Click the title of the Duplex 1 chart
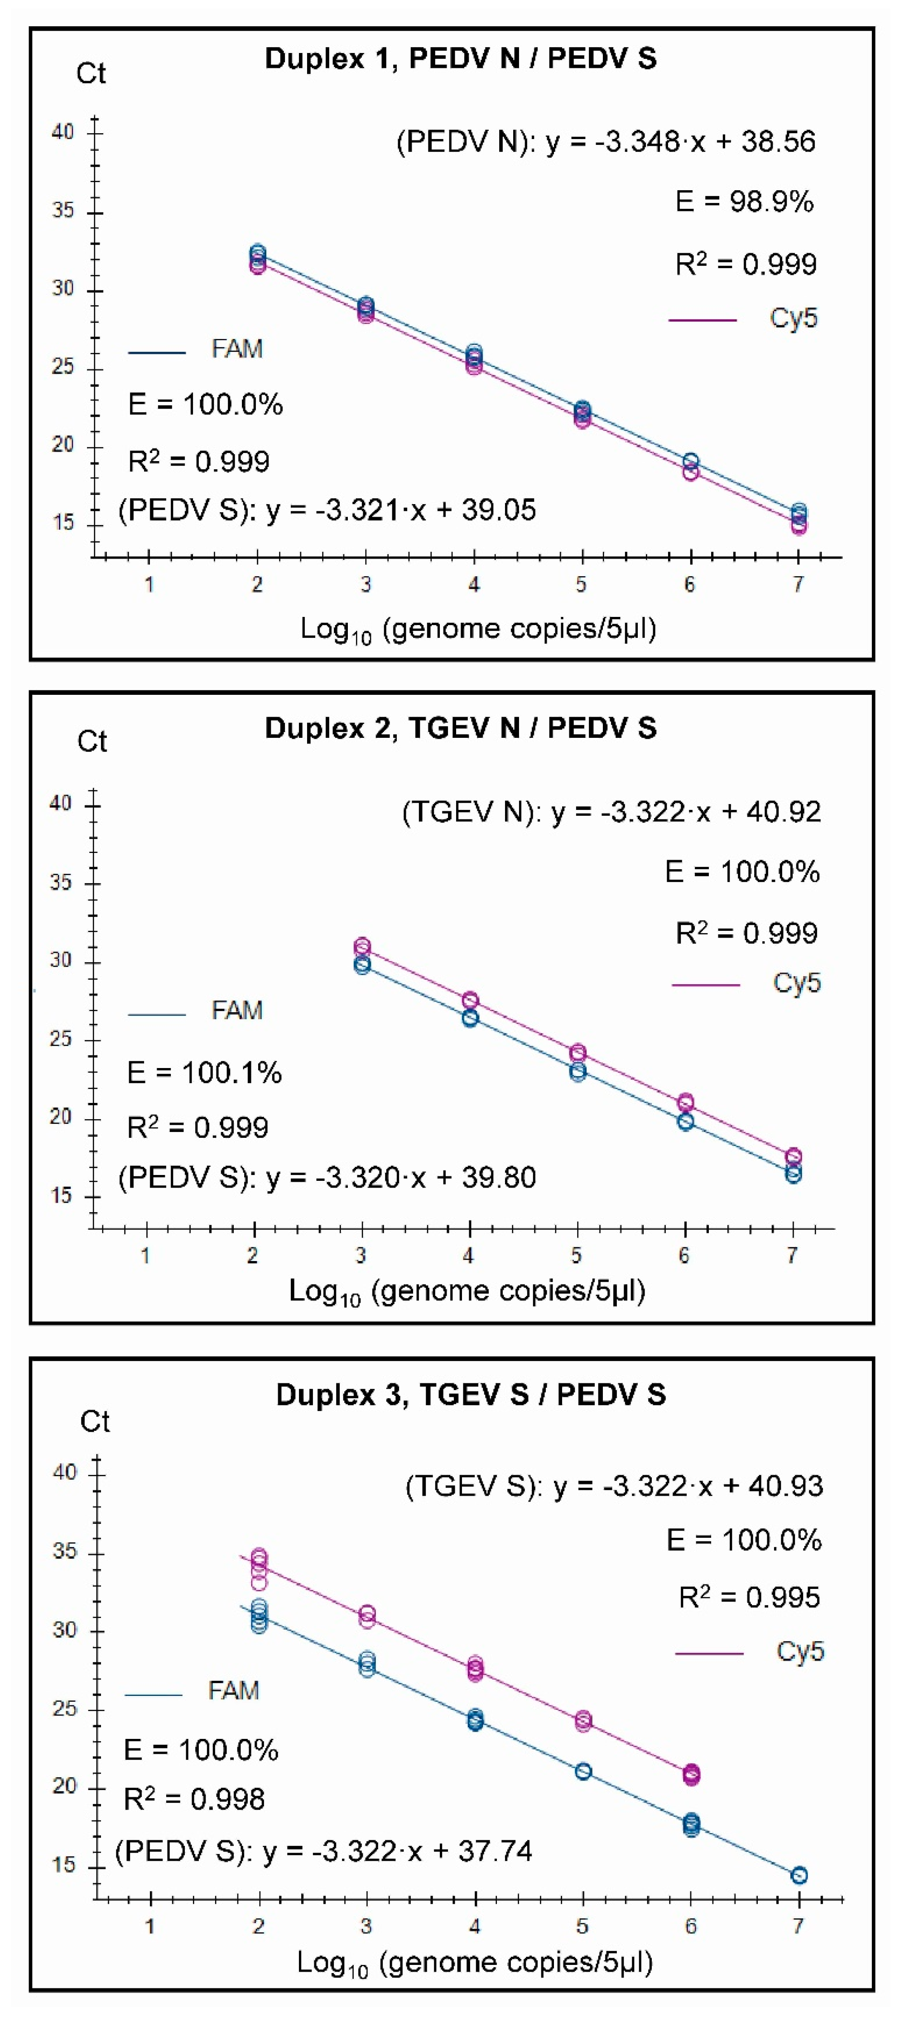(x=461, y=59)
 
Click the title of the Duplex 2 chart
(x=461, y=728)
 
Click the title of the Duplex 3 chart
(x=471, y=1395)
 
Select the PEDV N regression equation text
(x=606, y=142)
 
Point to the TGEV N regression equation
(x=611, y=812)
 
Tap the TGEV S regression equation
(x=613, y=1486)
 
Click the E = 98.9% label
(x=744, y=202)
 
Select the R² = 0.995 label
(x=749, y=1597)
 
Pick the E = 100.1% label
(x=204, y=1073)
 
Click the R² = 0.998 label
(x=194, y=1799)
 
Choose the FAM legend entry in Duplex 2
(x=196, y=1011)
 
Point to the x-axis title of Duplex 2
(x=467, y=1291)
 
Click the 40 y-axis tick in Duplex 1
(x=63, y=131)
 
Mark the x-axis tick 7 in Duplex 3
(x=798, y=1927)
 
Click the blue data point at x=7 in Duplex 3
(x=799, y=1875)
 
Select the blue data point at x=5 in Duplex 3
(x=583, y=1771)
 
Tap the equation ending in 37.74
(x=323, y=1852)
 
